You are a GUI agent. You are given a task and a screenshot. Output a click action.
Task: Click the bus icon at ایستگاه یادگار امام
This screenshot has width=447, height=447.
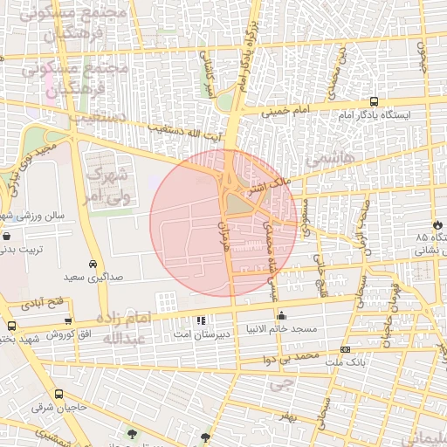click(374, 101)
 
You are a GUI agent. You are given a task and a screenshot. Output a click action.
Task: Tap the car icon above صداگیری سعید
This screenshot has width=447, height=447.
click(93, 264)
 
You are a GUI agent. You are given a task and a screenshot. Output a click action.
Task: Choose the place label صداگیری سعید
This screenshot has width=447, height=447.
click(93, 277)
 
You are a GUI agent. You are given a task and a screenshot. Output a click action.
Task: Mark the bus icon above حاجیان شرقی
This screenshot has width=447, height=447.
click(58, 395)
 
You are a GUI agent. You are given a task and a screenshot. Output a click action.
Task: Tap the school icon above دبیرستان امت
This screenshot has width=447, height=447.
click(202, 321)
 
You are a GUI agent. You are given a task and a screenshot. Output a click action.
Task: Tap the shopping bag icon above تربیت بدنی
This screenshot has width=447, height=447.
click(7, 236)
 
